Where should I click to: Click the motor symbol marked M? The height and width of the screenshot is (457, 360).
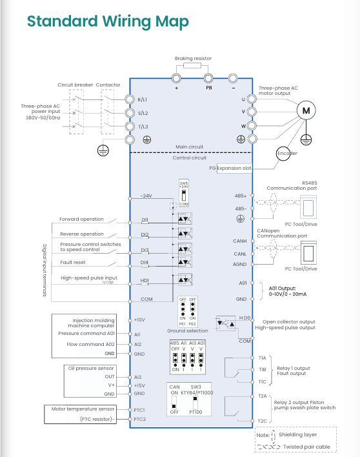[306, 110]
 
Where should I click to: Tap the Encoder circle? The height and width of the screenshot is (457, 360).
[283, 154]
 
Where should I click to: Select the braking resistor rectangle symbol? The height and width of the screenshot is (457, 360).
[192, 65]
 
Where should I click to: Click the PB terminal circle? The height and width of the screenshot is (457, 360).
[208, 78]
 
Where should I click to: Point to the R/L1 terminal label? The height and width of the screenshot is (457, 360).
[143, 99]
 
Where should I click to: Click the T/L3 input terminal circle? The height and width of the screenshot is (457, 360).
[130, 127]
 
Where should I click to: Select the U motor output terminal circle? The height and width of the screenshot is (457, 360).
[252, 99]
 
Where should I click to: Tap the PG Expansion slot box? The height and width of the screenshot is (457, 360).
[234, 168]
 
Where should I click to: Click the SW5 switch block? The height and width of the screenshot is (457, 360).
[184, 193]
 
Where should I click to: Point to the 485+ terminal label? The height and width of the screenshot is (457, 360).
[241, 196]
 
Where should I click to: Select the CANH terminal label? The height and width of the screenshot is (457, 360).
[240, 241]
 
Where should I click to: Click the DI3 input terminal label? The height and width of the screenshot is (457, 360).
[145, 250]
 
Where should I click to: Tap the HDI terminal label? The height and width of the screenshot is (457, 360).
[145, 280]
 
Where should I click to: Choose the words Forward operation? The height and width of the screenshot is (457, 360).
[81, 219]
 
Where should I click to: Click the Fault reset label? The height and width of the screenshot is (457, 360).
[73, 262]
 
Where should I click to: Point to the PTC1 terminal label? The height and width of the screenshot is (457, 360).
[139, 410]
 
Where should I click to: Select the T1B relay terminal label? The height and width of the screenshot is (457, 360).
[263, 370]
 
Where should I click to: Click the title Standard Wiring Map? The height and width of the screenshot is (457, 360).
[108, 21]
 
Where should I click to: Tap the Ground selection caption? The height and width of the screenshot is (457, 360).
[188, 330]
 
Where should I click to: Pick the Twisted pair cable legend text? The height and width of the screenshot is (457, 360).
[306, 447]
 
